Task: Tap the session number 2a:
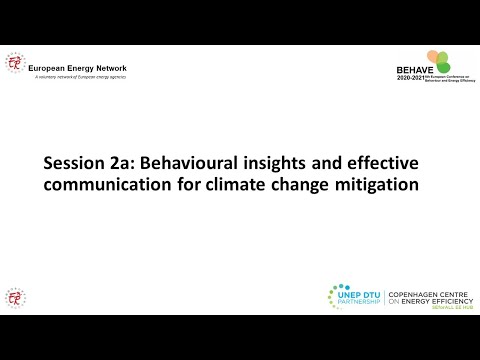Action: click(126, 163)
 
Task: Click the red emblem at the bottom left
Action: click(15, 297)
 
